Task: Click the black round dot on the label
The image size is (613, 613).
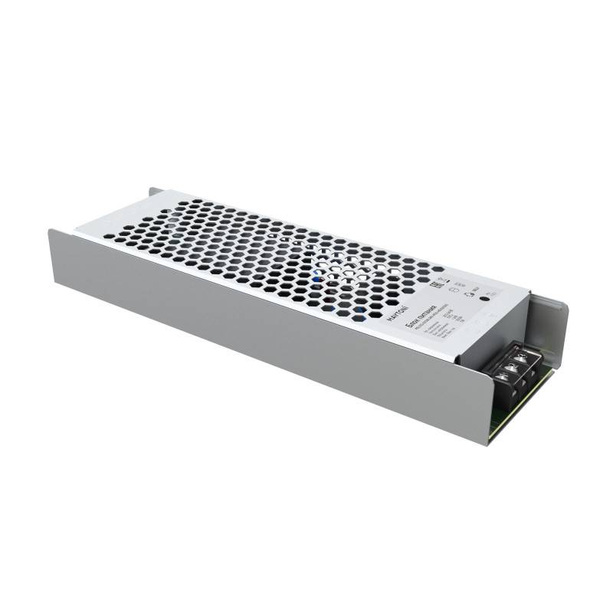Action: [484, 301]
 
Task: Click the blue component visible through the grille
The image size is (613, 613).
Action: [319, 279]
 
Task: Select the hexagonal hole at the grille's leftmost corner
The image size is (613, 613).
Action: [110, 237]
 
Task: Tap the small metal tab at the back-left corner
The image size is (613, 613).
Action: [154, 191]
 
